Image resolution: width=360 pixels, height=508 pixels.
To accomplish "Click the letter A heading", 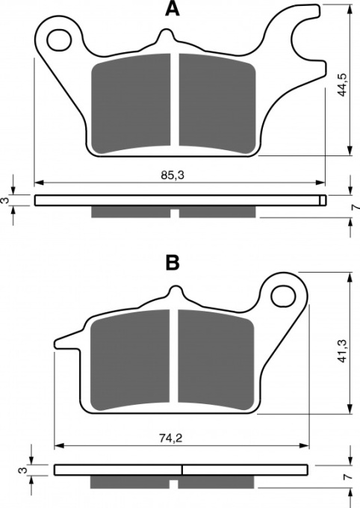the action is click(x=172, y=8).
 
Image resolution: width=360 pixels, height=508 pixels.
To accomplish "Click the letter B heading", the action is click(x=173, y=263).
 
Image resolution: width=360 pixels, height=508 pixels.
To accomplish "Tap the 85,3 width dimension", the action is click(x=173, y=176).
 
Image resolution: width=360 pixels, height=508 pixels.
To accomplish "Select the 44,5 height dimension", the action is click(x=342, y=85).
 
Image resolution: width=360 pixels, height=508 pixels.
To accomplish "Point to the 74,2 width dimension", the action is click(x=171, y=439).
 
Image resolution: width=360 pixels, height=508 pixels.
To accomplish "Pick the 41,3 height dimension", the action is click(x=342, y=350).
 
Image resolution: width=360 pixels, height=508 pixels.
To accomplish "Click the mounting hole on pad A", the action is click(x=59, y=40).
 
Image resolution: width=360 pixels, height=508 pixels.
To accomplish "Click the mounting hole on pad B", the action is click(x=284, y=296).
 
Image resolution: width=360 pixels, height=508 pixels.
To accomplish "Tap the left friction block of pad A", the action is click(x=131, y=103).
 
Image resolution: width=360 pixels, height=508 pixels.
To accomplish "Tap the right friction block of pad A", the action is click(x=217, y=104).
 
